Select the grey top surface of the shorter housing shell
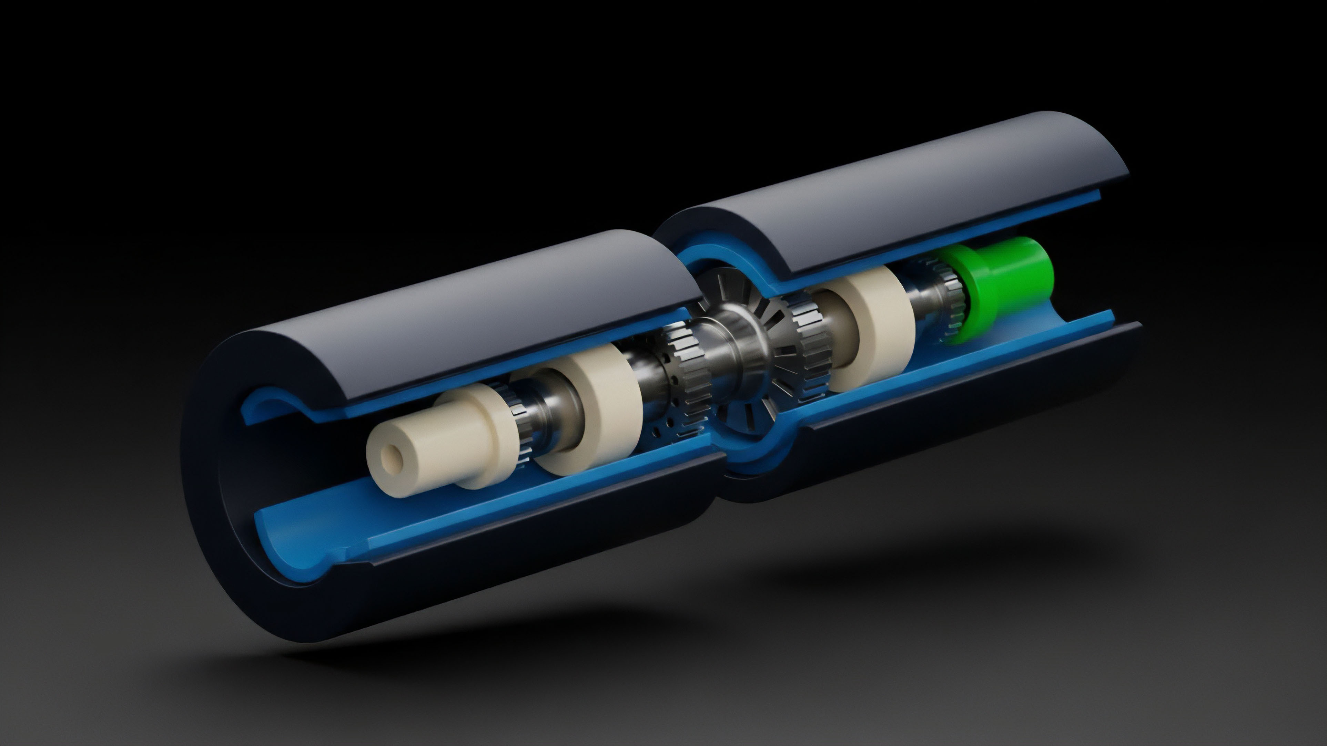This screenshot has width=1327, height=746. pyautogui.click(x=464, y=299)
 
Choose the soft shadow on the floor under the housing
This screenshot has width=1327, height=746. pyautogui.click(x=670, y=633)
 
